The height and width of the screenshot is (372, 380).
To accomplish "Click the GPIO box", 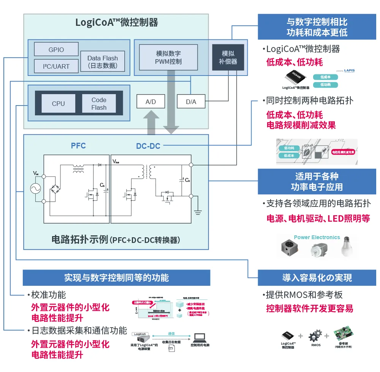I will (x=56, y=49).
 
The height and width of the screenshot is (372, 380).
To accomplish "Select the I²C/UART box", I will (x=56, y=66).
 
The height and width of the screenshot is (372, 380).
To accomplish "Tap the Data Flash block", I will (x=103, y=61).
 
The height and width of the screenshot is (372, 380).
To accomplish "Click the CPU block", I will (x=58, y=104).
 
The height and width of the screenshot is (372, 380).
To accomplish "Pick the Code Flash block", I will (x=99, y=104).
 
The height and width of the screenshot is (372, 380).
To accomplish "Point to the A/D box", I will (x=150, y=102).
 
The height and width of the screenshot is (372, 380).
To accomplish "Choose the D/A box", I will (x=191, y=102).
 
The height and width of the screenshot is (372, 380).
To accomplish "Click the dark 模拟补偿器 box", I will (x=228, y=57).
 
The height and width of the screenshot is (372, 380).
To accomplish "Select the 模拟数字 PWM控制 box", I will (x=168, y=57).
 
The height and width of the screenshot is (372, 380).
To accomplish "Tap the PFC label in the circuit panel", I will (x=78, y=146).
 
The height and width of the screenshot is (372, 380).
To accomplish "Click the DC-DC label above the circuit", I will (x=148, y=146).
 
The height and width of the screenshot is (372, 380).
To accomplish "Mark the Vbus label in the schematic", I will (x=116, y=161).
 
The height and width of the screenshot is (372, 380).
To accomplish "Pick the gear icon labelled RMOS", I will (x=315, y=336).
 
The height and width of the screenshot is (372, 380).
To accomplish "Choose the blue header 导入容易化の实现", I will (x=317, y=278).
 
